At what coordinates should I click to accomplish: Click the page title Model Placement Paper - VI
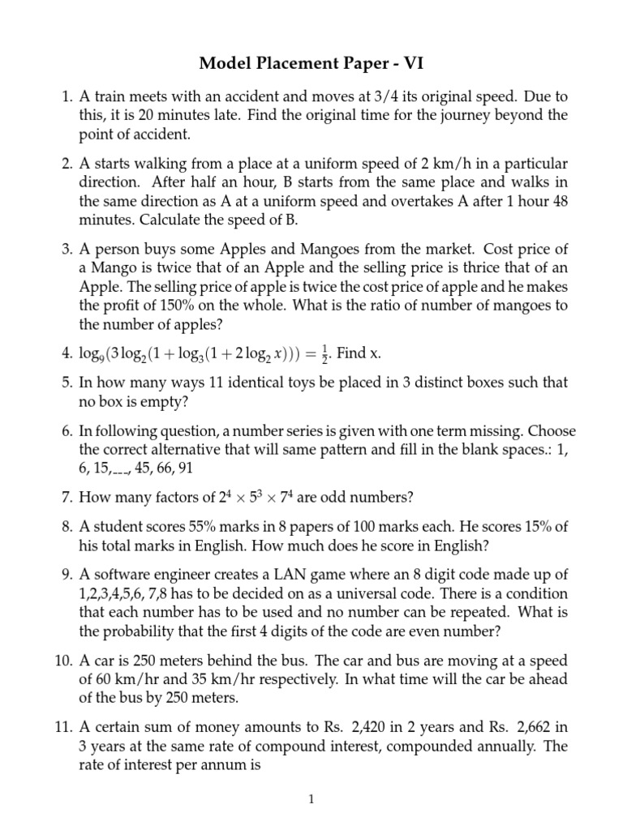311,63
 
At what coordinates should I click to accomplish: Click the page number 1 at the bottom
311,799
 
